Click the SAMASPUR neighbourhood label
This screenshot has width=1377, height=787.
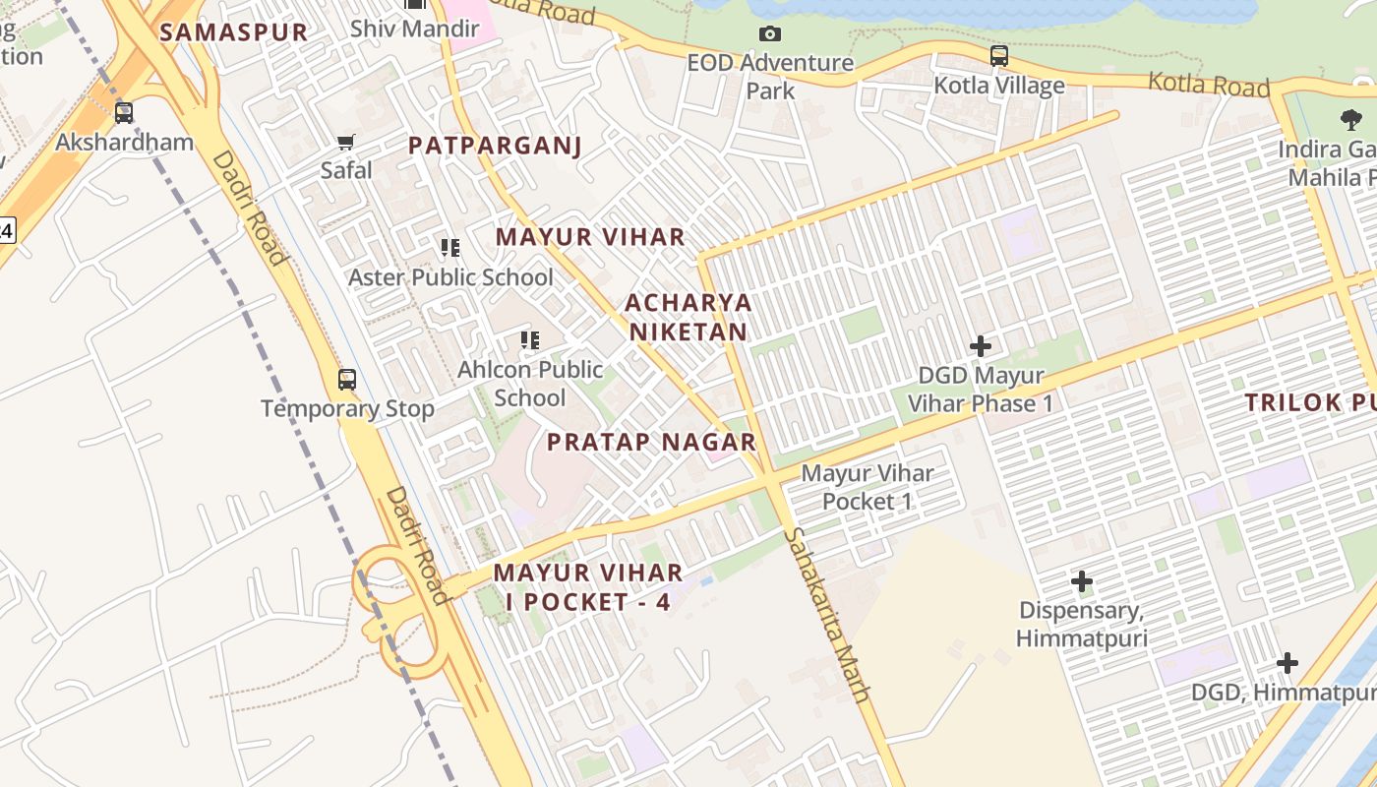234,31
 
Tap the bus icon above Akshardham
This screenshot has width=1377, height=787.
123,113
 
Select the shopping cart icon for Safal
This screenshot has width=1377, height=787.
346,143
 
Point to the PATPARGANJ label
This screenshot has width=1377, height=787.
495,146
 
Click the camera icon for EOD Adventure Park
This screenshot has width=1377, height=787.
770,34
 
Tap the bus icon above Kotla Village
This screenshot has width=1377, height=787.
999,56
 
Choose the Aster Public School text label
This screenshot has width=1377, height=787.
450,277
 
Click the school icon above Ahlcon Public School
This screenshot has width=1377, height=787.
530,341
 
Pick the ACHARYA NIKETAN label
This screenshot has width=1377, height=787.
688,317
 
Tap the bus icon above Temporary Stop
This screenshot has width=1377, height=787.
347,379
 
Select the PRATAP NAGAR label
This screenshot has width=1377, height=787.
651,442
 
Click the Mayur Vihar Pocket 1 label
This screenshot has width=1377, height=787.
868,487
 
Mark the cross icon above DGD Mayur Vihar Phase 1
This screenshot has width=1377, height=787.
980,346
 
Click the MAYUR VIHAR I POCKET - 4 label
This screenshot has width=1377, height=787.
588,586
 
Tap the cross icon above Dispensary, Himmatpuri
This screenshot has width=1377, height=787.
1082,581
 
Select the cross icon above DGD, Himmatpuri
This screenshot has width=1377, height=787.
1287,663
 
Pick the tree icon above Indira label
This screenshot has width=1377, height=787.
1351,120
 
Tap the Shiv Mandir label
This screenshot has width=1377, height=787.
414,28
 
